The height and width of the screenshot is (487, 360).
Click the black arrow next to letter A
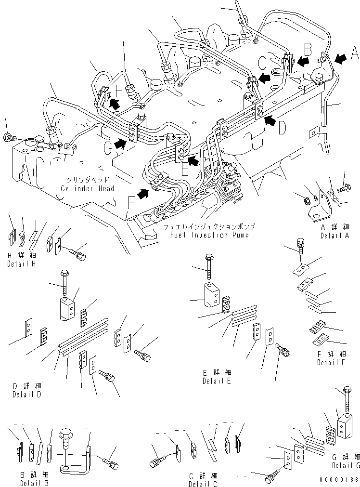pos(340,59)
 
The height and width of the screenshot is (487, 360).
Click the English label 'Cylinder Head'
pos(88,188)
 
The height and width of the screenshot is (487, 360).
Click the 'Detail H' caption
pos(21,264)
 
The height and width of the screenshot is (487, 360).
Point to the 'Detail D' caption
pos(27,394)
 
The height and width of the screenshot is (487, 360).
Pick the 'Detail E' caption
pos(217,381)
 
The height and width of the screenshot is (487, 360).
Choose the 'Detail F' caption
pos(331,362)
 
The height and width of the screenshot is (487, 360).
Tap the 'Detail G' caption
pos(346,465)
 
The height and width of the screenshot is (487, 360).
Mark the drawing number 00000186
pos(339,480)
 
